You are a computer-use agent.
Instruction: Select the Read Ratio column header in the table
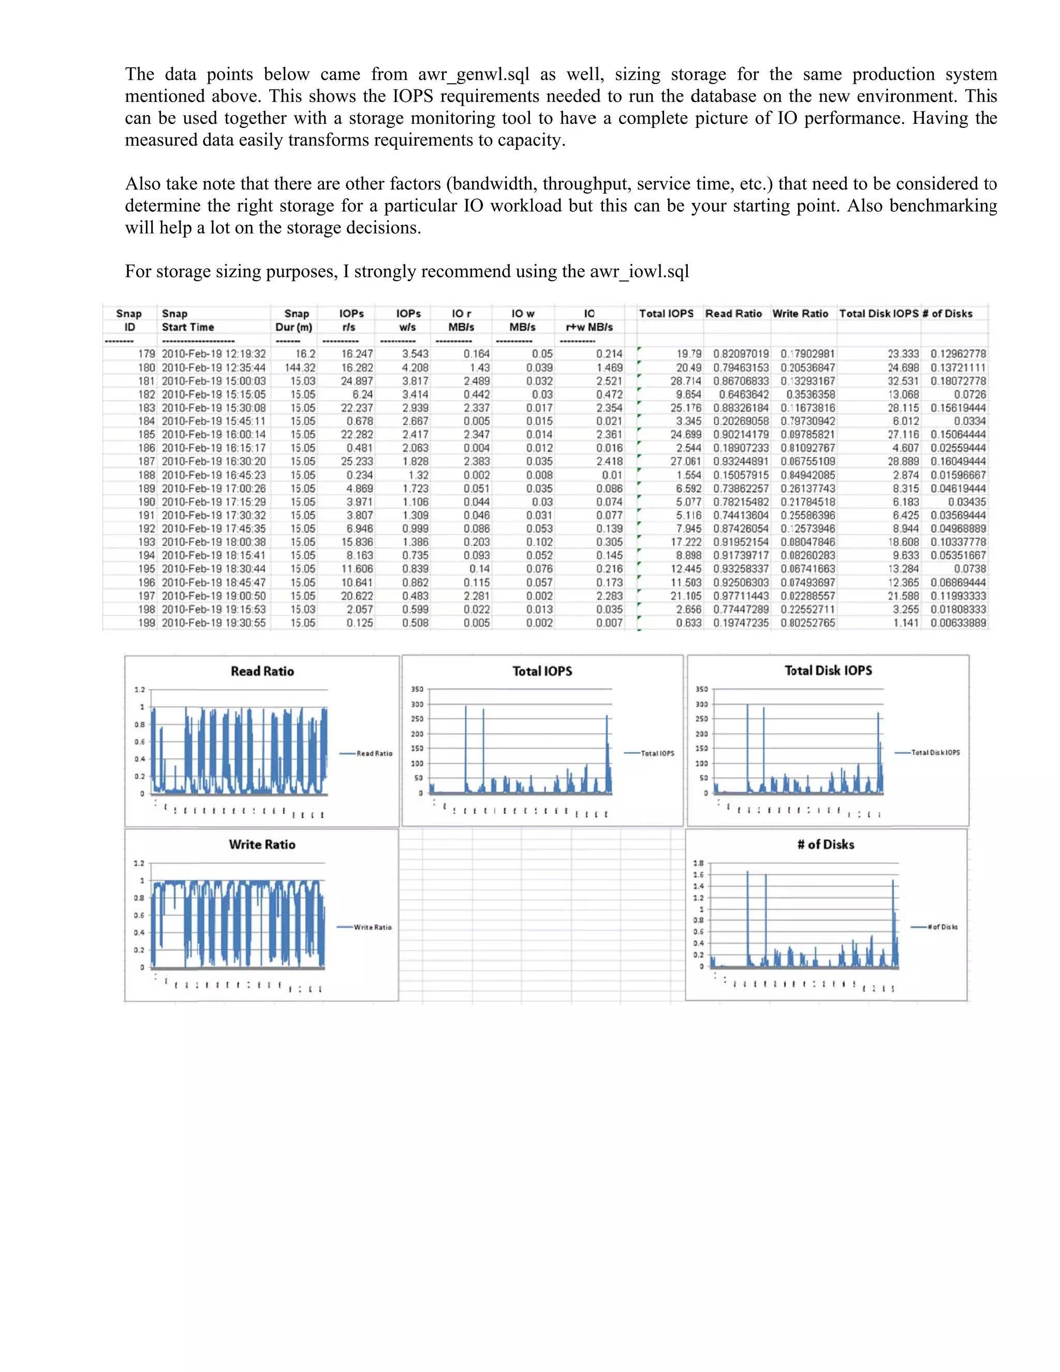coord(733,313)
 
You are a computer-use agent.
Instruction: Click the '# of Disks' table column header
coord(946,313)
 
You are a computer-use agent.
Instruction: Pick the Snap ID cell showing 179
coord(145,354)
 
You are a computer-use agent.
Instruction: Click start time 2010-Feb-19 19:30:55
coord(214,622)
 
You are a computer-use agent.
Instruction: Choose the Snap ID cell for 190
coord(145,502)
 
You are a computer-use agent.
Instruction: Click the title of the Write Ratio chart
coord(262,844)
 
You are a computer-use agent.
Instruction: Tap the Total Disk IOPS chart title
coord(828,670)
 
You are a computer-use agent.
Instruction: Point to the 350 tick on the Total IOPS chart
coord(417,689)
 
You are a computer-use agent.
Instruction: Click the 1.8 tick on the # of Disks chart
coord(698,863)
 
